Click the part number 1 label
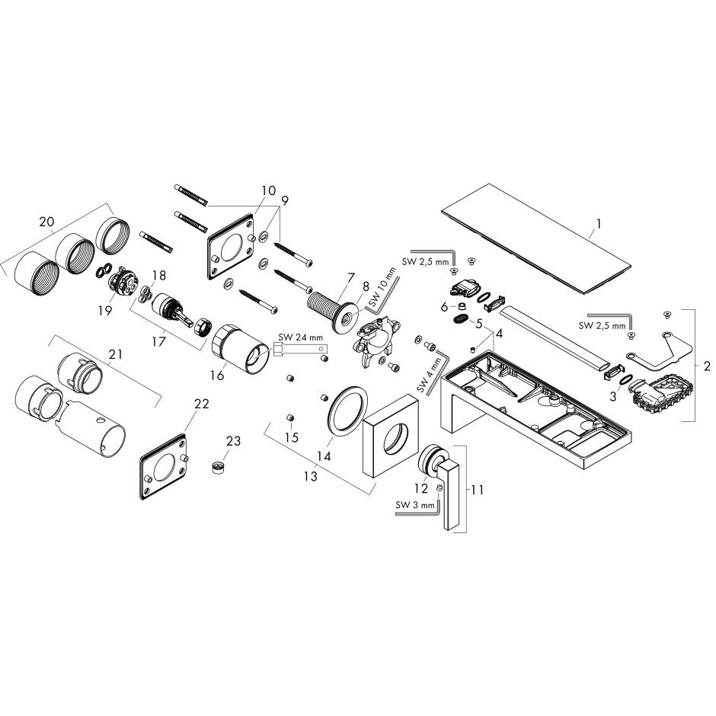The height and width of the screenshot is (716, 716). click(x=599, y=224)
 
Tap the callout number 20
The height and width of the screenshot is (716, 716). click(x=46, y=222)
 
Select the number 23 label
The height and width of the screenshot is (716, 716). click(x=233, y=441)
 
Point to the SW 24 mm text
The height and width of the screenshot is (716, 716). click(x=300, y=337)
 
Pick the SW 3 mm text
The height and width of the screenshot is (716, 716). click(x=415, y=505)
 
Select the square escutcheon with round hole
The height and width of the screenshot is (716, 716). click(x=391, y=435)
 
